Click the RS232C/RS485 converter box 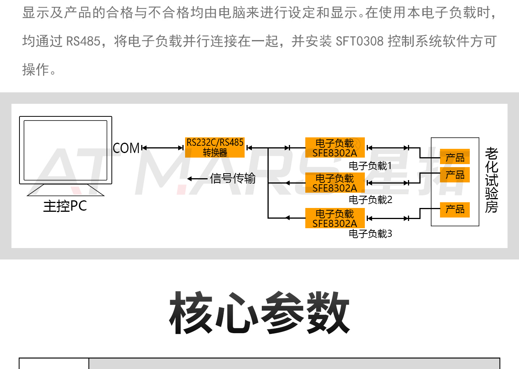pos(215,147)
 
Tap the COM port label pos(126,148)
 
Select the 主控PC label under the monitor pos(65,206)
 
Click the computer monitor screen pos(66,150)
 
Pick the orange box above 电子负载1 pos(335,148)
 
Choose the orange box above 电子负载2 pos(335,183)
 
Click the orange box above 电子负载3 pos(335,218)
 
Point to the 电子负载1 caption pos(370,166)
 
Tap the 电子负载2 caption pos(370,200)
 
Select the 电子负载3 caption pos(370,234)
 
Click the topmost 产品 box pos(455,157)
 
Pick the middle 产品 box pos(455,175)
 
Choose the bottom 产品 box pos(455,209)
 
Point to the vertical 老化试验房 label pos(492,180)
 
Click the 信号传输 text pos(233,178)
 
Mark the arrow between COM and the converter pos(163,148)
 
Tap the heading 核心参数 pos(259,313)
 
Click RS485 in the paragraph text pos(83,41)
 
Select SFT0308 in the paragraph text pos(359,41)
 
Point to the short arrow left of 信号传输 pos(197,179)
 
